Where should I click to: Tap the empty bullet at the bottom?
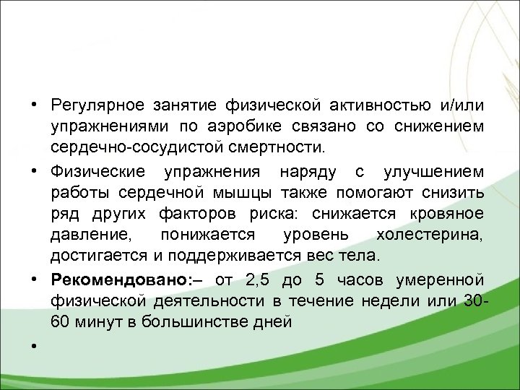point(34,346)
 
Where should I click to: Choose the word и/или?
point(461,107)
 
